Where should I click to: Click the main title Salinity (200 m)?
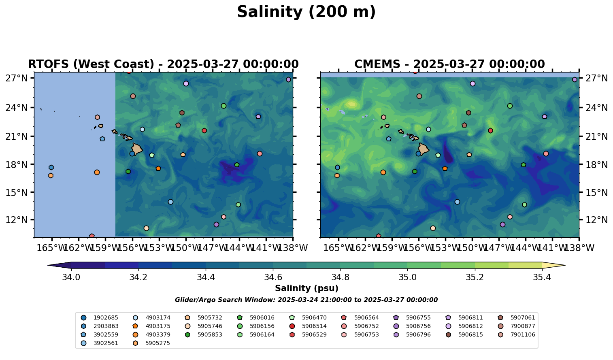coord(306,12)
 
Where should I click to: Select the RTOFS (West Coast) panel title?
coord(163,64)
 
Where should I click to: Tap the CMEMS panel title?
coord(449,64)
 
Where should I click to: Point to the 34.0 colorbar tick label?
coord(71,277)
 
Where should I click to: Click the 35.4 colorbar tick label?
coord(542,277)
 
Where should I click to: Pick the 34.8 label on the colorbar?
coord(340,277)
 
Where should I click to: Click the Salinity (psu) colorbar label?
coord(306,288)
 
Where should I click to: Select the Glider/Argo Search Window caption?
coord(306,300)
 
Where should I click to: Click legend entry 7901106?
coord(522,334)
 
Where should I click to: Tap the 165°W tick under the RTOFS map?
coord(51,248)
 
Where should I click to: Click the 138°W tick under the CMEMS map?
coord(579,248)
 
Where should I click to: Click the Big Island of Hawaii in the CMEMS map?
coord(424,149)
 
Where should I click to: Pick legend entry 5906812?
coord(470,326)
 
